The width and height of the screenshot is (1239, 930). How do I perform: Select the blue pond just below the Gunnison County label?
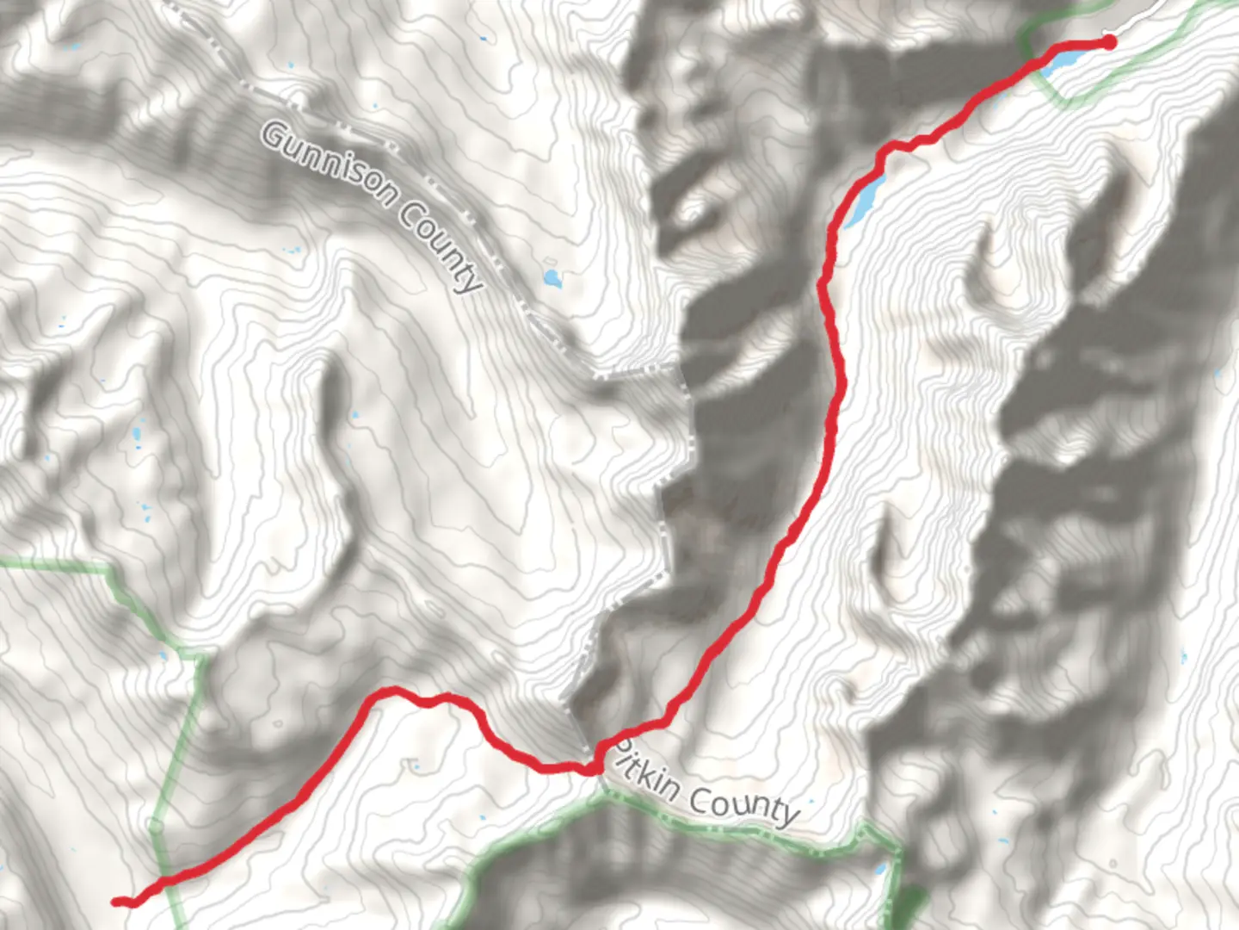(551, 277)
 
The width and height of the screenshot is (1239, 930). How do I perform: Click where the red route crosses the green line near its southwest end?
(163, 879)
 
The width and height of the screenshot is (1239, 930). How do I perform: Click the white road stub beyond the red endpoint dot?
(1127, 26)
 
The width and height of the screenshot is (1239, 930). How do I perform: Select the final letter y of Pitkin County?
(787, 816)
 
